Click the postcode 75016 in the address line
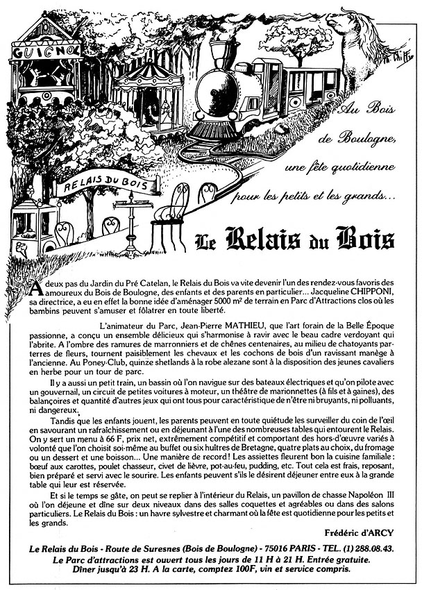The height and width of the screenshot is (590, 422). tap(276, 549)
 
